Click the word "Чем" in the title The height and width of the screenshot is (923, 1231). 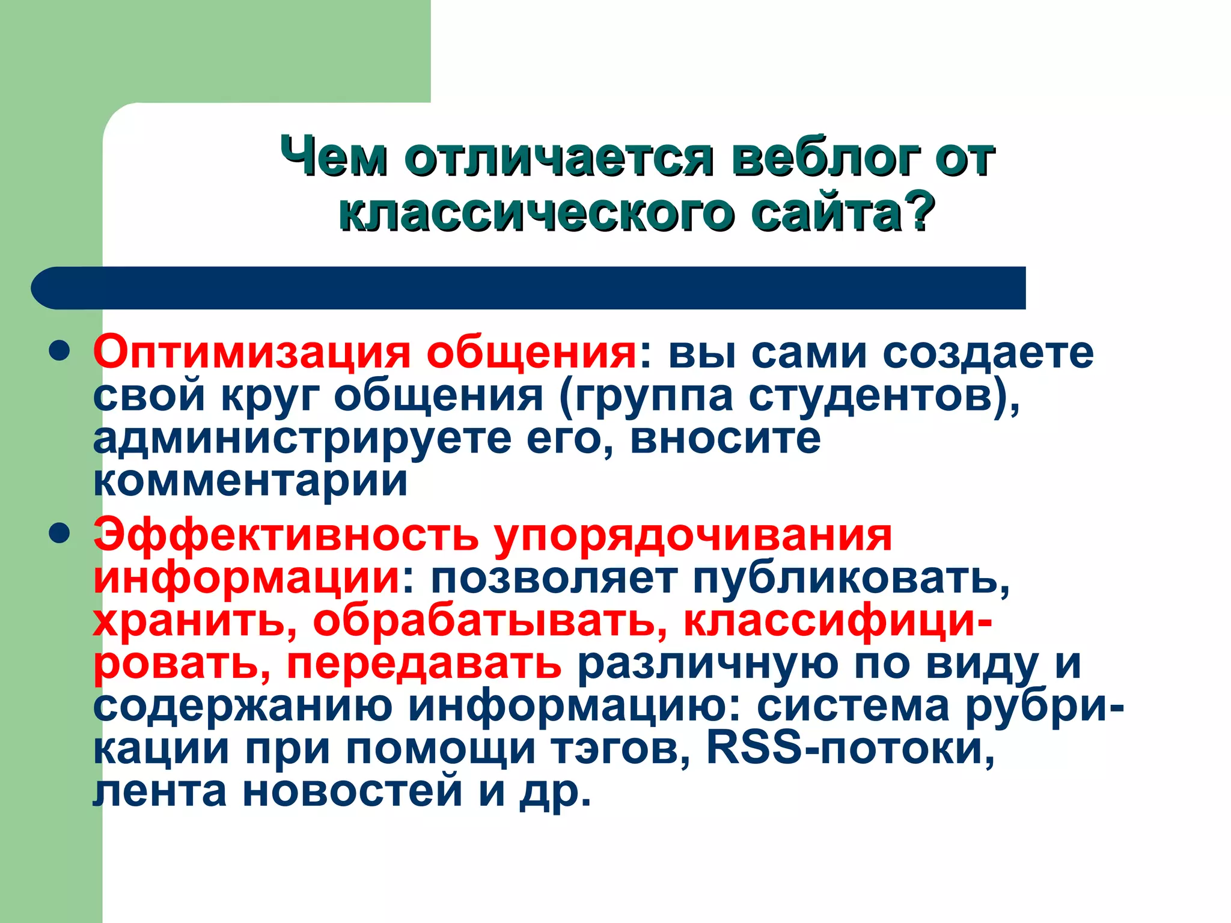click(334, 157)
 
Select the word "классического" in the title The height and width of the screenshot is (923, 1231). click(536, 213)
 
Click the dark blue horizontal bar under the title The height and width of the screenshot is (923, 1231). click(529, 288)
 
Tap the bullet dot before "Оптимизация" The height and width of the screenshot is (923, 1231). click(60, 352)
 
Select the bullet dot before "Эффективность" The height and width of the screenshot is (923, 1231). click(60, 534)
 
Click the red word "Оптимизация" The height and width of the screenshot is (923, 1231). click(252, 353)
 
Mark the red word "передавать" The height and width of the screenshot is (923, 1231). click(424, 664)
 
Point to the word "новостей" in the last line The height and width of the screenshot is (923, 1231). click(352, 791)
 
